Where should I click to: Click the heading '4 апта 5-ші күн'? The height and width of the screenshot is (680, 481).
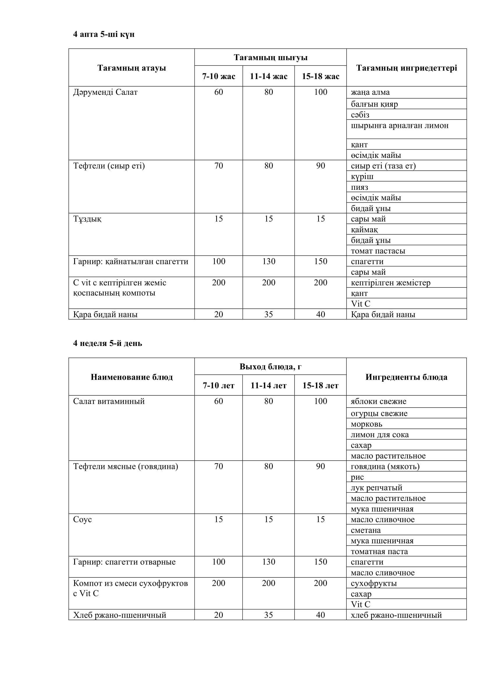pyautogui.click(x=104, y=34)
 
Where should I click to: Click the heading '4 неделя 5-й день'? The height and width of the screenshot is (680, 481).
pyautogui.click(x=108, y=343)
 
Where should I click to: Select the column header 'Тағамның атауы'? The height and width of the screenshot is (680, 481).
pyautogui.click(x=131, y=68)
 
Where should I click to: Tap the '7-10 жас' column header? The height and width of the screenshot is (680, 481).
pyautogui.click(x=219, y=76)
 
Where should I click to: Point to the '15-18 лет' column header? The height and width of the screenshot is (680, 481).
pyautogui.click(x=320, y=385)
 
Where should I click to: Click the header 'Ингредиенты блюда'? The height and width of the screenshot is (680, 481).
pyautogui.click(x=406, y=377)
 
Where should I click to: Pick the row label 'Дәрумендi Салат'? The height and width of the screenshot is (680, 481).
pyautogui.click(x=105, y=92)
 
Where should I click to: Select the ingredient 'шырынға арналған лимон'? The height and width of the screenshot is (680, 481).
pyautogui.click(x=400, y=126)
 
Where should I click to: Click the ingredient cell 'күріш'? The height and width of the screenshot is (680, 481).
pyautogui.click(x=362, y=176)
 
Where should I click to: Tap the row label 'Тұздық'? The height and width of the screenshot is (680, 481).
pyautogui.click(x=87, y=219)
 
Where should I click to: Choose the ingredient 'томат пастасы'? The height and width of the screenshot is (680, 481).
pyautogui.click(x=378, y=251)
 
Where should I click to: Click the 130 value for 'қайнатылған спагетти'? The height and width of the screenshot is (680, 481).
pyautogui.click(x=268, y=261)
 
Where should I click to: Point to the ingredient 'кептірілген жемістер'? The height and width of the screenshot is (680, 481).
pyautogui.click(x=390, y=283)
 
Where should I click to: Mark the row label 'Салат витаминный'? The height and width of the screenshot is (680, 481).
pyautogui.click(x=109, y=401)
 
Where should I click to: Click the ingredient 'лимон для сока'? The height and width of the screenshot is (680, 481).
pyautogui.click(x=380, y=434)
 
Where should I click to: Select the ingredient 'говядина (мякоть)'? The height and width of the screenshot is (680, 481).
pyautogui.click(x=385, y=466)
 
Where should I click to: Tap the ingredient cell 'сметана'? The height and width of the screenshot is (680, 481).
pyautogui.click(x=366, y=530)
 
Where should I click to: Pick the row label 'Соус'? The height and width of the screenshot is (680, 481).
pyautogui.click(x=82, y=520)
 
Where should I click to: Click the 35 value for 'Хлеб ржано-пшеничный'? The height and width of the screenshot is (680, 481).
pyautogui.click(x=268, y=615)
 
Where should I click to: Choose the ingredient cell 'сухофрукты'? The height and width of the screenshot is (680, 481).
pyautogui.click(x=373, y=583)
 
